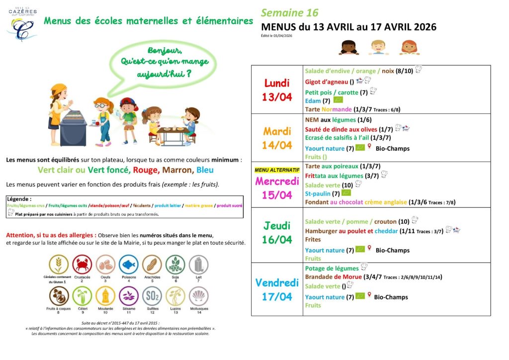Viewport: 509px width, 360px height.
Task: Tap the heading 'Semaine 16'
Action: [x=289, y=13]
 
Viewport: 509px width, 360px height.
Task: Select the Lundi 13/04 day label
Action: [x=277, y=90]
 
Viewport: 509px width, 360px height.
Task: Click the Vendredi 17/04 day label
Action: [x=277, y=289]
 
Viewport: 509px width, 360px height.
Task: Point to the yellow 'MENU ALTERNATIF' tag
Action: [x=277, y=170]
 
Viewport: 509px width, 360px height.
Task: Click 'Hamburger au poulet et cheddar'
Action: [x=346, y=231]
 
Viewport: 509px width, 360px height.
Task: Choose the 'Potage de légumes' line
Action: [x=332, y=269]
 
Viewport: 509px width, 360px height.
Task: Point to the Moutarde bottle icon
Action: [x=105, y=297]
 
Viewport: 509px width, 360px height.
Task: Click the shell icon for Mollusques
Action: [x=197, y=297]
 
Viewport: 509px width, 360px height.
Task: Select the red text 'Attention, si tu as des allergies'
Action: [x=51, y=235]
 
